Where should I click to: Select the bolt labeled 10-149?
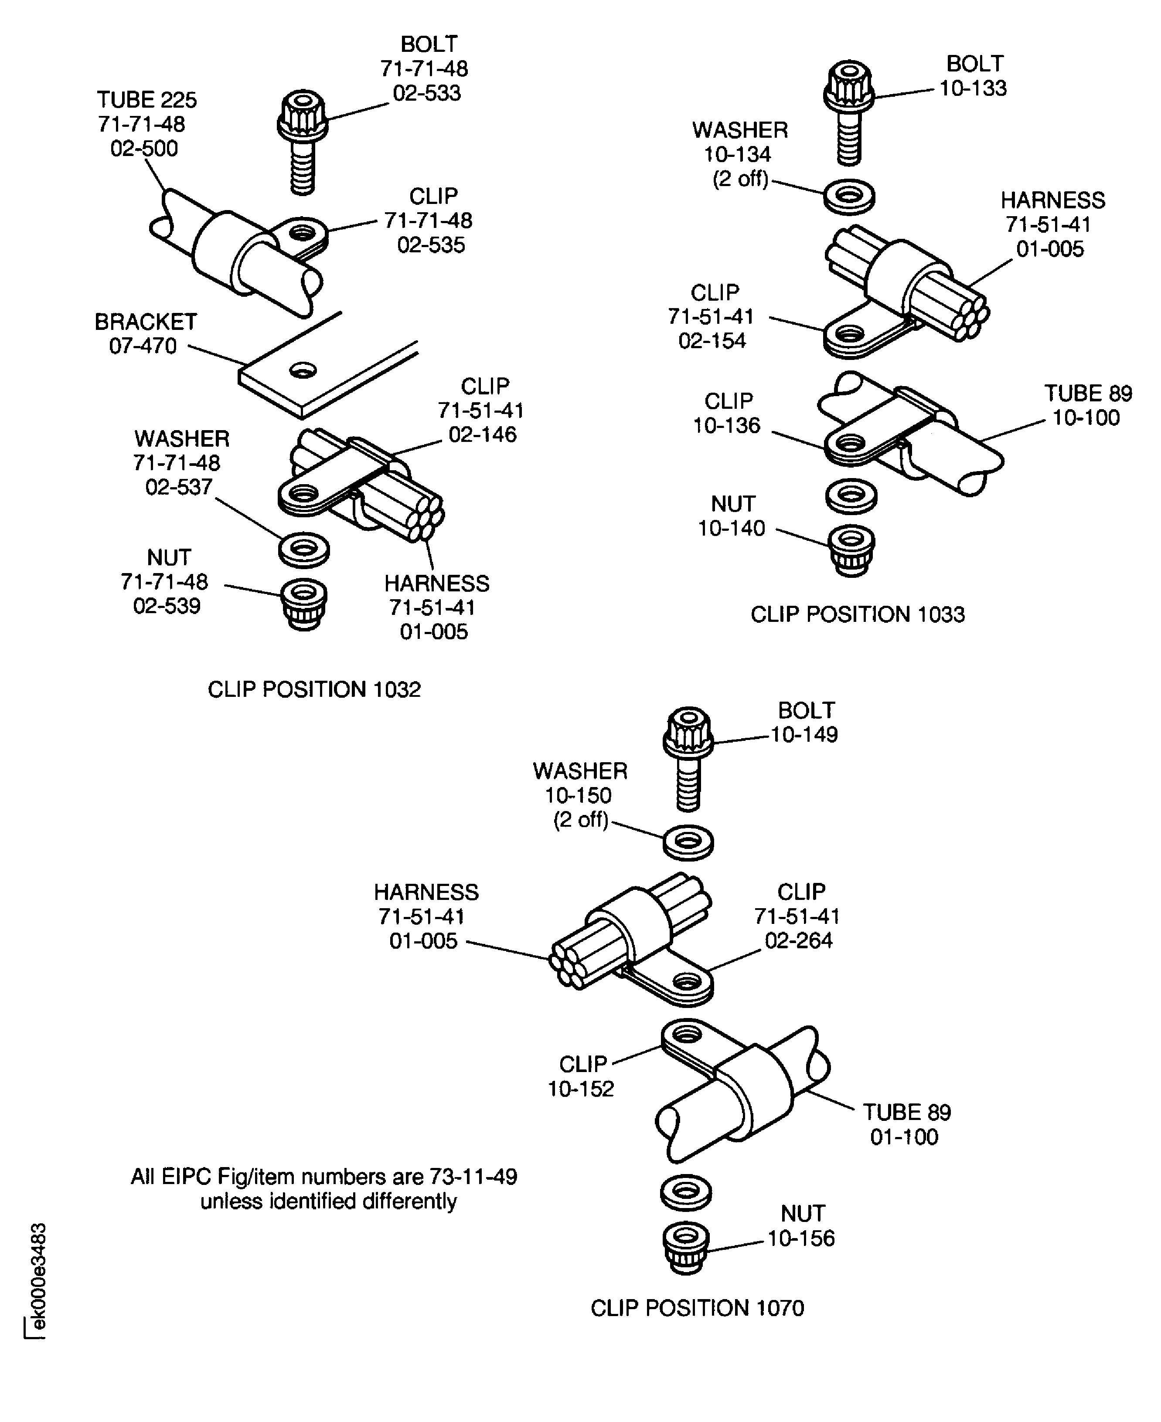coord(688,759)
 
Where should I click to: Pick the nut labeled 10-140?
coord(851,550)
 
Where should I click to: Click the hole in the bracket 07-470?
coord(303,369)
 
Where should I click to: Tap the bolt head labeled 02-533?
coord(302,116)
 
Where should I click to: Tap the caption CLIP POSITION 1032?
coord(314,689)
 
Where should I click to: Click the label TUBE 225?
coord(147,100)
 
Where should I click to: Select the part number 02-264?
coord(799,940)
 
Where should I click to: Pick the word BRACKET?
coord(146,322)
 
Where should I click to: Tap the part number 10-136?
coord(726,425)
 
